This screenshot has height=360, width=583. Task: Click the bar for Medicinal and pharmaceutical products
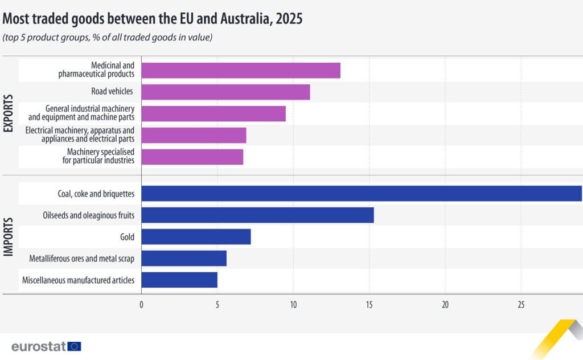pyautogui.click(x=241, y=71)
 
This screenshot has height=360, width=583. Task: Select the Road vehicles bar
pyautogui.click(x=225, y=92)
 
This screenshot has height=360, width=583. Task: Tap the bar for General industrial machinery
pyautogui.click(x=214, y=113)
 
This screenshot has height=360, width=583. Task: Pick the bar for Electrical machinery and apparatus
pyautogui.click(x=194, y=135)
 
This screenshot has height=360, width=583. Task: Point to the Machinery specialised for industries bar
pyautogui.click(x=192, y=157)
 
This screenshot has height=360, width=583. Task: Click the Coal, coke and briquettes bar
pyautogui.click(x=362, y=194)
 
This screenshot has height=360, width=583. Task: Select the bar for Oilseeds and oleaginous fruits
pyautogui.click(x=257, y=215)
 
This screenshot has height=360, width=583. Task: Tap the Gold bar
pyautogui.click(x=196, y=236)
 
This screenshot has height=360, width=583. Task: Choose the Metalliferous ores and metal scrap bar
pyautogui.click(x=184, y=258)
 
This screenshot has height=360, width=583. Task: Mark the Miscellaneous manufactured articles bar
pyautogui.click(x=179, y=280)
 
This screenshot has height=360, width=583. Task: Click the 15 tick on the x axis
pyautogui.click(x=369, y=305)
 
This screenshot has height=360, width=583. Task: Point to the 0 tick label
pyautogui.click(x=141, y=305)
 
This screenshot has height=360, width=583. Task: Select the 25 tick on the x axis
pyautogui.click(x=521, y=305)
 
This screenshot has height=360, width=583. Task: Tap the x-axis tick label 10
pyautogui.click(x=293, y=305)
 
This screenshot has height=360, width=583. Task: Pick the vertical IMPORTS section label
pyautogui.click(x=9, y=237)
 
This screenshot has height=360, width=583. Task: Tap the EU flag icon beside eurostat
pyautogui.click(x=74, y=346)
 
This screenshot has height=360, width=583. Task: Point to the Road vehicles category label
pyautogui.click(x=112, y=92)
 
